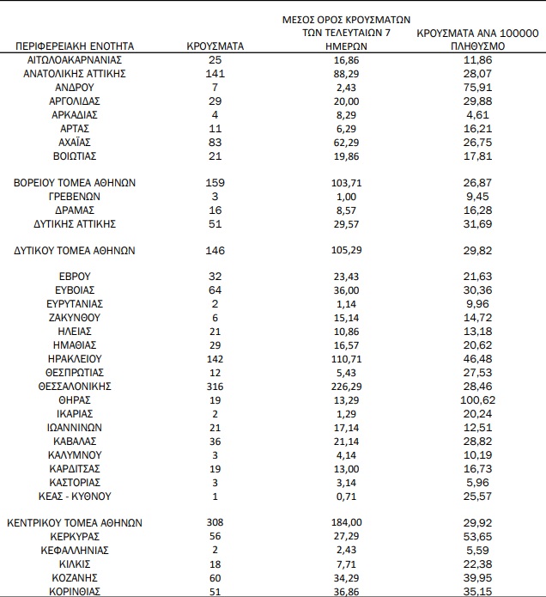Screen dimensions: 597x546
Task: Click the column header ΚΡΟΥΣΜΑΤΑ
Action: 216,45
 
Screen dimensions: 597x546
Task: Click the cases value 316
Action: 215,387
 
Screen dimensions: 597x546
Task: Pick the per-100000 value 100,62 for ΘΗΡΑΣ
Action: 476,400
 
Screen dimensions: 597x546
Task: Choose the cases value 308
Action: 215,522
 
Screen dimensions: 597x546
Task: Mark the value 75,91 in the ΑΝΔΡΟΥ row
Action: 476,88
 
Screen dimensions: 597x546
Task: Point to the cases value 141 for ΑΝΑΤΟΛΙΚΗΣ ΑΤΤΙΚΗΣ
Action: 215,74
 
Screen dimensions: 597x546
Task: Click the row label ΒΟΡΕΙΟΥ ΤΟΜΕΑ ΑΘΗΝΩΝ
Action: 76,183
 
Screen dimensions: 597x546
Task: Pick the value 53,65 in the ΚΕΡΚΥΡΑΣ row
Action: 476,536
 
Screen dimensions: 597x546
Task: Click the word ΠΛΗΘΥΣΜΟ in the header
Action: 476,46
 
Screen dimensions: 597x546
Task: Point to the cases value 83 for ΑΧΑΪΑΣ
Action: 215,143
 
